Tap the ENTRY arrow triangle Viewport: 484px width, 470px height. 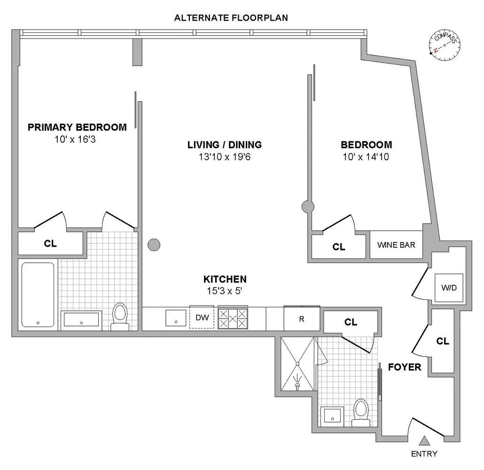[424, 441]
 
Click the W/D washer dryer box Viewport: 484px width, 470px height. [450, 288]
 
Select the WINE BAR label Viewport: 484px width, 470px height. [396, 245]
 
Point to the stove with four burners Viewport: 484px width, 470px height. [233, 319]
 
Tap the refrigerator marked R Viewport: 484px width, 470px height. [302, 319]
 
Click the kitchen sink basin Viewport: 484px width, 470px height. [176, 319]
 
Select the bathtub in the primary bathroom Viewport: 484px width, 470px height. [38, 295]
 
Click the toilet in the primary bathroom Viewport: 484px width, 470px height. [120, 316]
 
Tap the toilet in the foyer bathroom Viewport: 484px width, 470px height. [361, 412]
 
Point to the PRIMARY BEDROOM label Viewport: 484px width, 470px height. [77, 127]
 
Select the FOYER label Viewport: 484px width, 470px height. [405, 367]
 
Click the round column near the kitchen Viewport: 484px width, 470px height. [154, 244]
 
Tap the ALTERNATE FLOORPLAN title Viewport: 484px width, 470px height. [231, 18]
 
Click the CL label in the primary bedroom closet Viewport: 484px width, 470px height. [50, 243]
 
